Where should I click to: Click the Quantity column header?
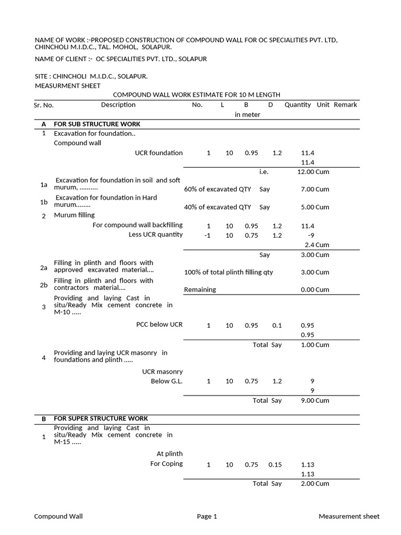pos(298,105)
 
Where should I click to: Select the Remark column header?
pos(345,105)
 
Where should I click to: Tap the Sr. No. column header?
pos(44,106)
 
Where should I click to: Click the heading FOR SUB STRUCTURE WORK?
pos(97,124)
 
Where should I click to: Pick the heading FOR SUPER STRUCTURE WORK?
pos(101,418)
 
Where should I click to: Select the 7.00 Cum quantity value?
pos(315,190)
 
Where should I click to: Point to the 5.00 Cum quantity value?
pos(315,207)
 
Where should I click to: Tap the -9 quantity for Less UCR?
pos(311,236)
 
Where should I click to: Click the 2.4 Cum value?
pos(317,245)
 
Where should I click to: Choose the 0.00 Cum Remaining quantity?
pos(315,290)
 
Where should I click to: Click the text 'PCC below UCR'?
pos(159,324)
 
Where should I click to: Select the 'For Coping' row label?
pos(167,464)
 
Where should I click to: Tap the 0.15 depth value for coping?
pos(275,464)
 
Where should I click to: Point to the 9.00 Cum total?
pos(315,401)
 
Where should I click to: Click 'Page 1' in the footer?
pos(207,517)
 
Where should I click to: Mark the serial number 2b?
pos(44,285)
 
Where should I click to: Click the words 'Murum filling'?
pos(75,215)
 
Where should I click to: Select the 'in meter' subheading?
pos(247,115)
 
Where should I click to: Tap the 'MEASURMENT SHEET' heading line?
pos(67,86)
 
